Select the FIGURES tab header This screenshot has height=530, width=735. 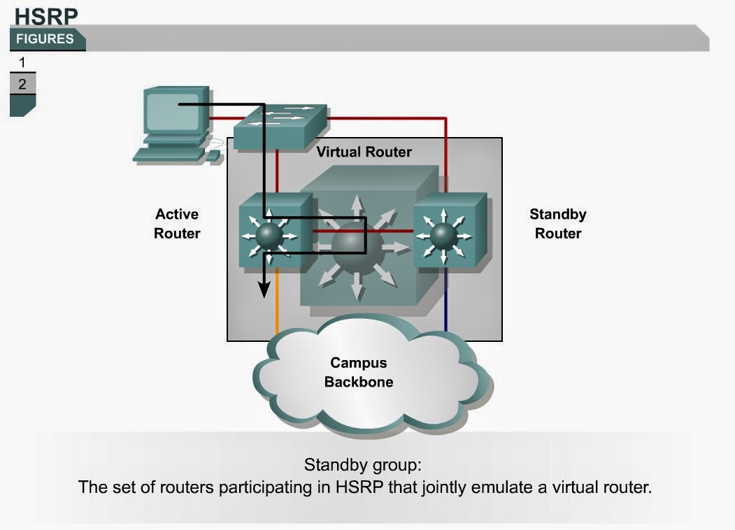[x=45, y=39]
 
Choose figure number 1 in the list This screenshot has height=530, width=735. [x=22, y=63]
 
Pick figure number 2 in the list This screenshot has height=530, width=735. [x=22, y=84]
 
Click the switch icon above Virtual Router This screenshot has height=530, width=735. [x=280, y=126]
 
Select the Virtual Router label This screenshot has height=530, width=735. [x=364, y=152]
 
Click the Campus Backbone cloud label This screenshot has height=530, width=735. [x=358, y=373]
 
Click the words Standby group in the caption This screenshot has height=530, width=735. [x=363, y=465]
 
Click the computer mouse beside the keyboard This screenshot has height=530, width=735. [x=212, y=156]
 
